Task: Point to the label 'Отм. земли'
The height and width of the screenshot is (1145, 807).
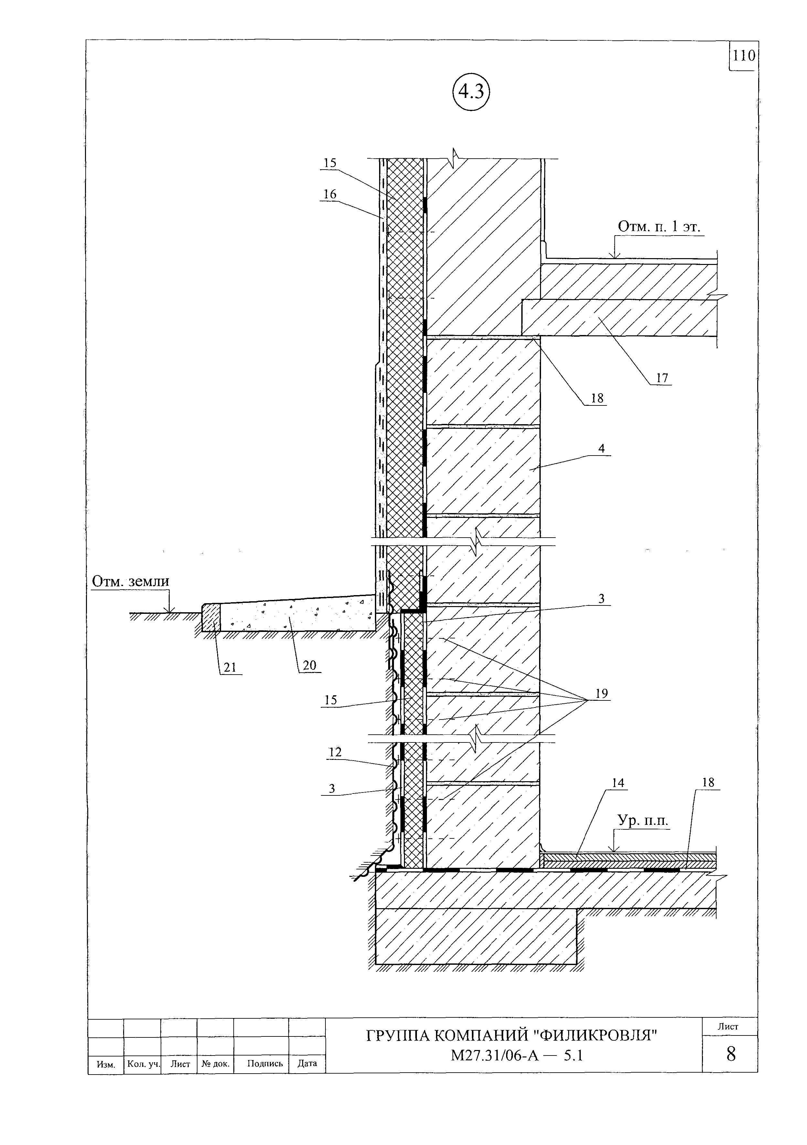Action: [131, 582]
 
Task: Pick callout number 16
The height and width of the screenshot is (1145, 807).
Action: [330, 194]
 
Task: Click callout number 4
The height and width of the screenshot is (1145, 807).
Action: [601, 448]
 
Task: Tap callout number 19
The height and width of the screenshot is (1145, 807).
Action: [601, 694]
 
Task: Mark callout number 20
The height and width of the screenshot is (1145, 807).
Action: [310, 665]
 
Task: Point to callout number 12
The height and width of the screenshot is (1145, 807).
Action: [335, 752]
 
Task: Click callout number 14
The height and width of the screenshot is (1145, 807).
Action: [618, 783]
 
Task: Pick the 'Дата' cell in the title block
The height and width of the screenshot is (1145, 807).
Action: [307, 1063]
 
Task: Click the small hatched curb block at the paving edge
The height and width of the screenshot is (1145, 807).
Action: [211, 618]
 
